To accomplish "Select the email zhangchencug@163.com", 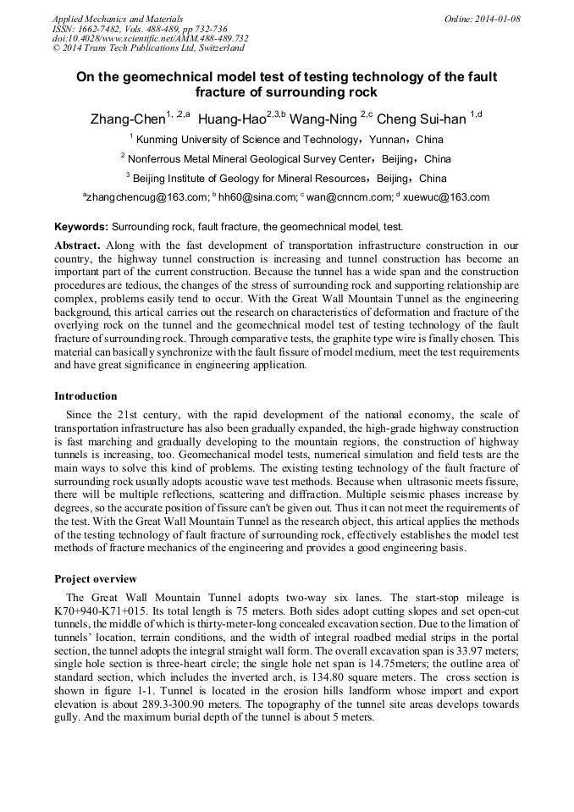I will pos(146,197).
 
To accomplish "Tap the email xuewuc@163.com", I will pos(449,197).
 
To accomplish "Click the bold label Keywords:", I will pos(81,227).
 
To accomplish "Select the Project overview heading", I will pos(95,579).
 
